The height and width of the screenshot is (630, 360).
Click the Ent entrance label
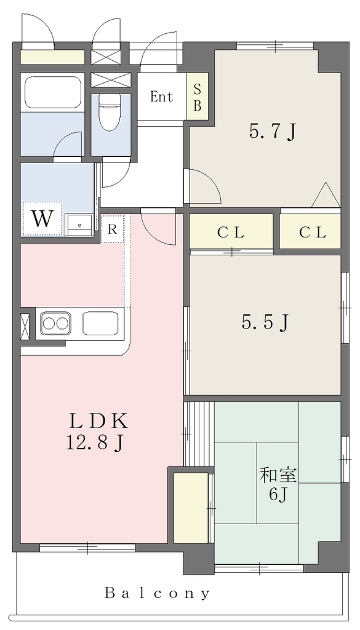(161, 97)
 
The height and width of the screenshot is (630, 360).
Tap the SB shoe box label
(198, 97)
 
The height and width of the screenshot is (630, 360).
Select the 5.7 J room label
(273, 132)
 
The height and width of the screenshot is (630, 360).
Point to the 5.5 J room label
(265, 322)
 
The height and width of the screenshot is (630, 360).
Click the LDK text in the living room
(99, 421)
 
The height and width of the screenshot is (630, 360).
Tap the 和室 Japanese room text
(278, 476)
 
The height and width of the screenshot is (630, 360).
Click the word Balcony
(157, 593)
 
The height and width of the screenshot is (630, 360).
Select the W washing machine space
(42, 219)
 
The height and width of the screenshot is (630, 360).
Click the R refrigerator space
(113, 229)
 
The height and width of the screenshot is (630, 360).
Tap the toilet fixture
(110, 113)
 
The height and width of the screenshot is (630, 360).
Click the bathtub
(53, 92)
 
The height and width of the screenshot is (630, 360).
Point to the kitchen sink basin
(100, 324)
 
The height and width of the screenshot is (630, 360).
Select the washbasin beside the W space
(79, 225)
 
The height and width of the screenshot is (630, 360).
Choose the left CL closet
(231, 231)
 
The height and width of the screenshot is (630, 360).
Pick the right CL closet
(310, 231)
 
